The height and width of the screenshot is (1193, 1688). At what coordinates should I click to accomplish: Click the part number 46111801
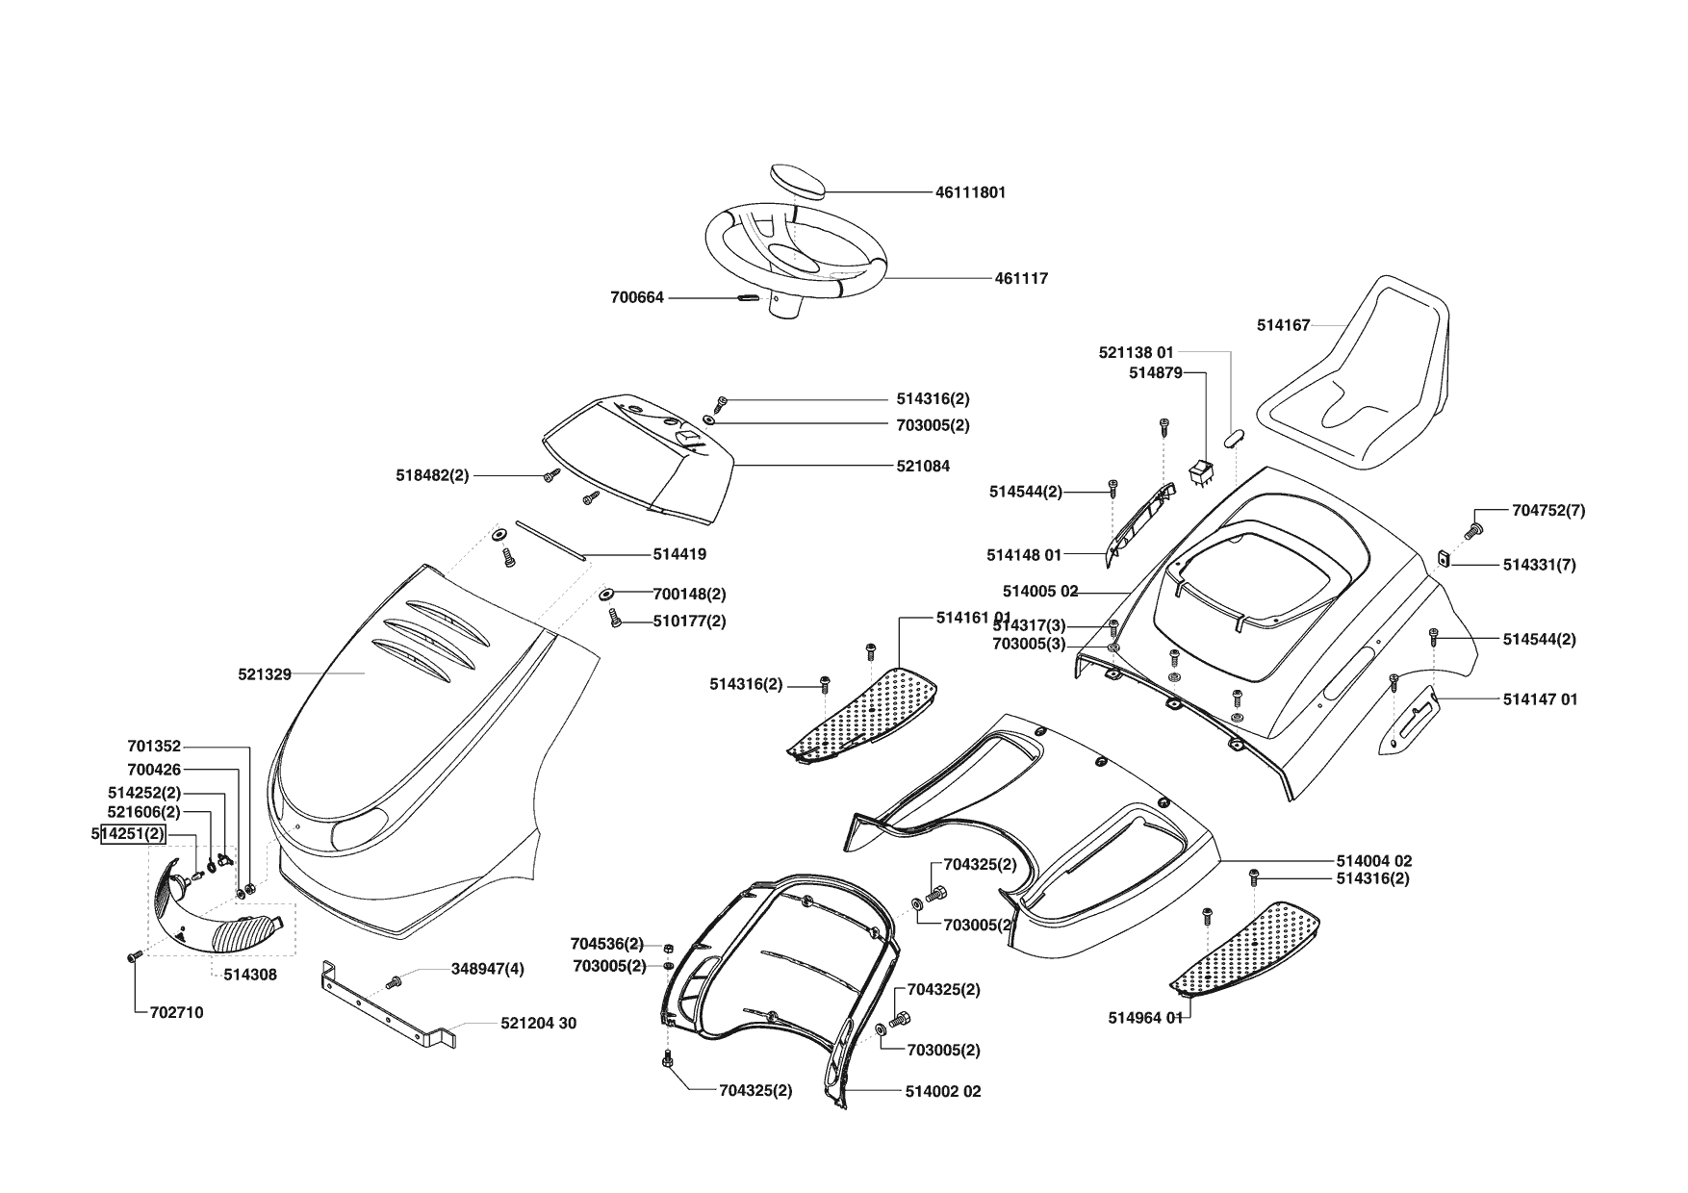pos(970,192)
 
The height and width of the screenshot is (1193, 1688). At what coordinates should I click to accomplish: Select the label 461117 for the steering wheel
pos(1021,279)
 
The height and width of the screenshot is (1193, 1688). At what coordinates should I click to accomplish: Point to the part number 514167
pos(1283,326)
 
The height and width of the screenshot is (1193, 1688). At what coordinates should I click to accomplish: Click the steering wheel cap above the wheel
pos(798,181)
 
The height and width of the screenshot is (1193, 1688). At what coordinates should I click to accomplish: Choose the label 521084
pos(922,467)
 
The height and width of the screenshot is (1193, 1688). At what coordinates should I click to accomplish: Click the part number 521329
pos(265,675)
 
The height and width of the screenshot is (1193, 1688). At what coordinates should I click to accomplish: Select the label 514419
pos(679,555)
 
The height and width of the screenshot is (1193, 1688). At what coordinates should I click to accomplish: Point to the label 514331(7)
pos(1539,566)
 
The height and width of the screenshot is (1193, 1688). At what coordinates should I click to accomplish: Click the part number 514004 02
pos(1373,861)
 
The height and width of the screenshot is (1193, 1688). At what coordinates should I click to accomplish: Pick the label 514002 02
pos(942,1092)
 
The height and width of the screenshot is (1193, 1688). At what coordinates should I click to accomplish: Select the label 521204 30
pos(538,1024)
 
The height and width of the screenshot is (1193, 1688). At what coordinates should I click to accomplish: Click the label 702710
pos(176,1013)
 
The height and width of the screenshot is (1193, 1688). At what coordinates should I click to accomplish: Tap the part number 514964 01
pos(1144,1018)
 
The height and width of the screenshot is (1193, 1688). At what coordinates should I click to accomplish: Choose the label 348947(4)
pos(487,969)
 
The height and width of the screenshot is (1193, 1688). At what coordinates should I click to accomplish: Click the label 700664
pos(637,298)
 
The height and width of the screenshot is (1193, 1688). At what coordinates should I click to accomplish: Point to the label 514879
pos(1155,373)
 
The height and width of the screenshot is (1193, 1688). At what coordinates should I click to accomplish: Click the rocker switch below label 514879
pos(1201,473)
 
